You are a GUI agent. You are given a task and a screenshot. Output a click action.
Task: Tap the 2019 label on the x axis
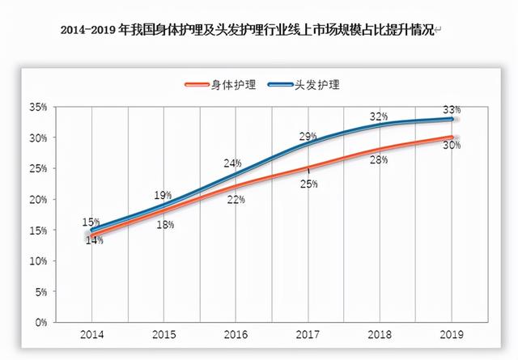pos(452,334)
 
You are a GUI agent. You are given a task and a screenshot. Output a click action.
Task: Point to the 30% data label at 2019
pos(452,146)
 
